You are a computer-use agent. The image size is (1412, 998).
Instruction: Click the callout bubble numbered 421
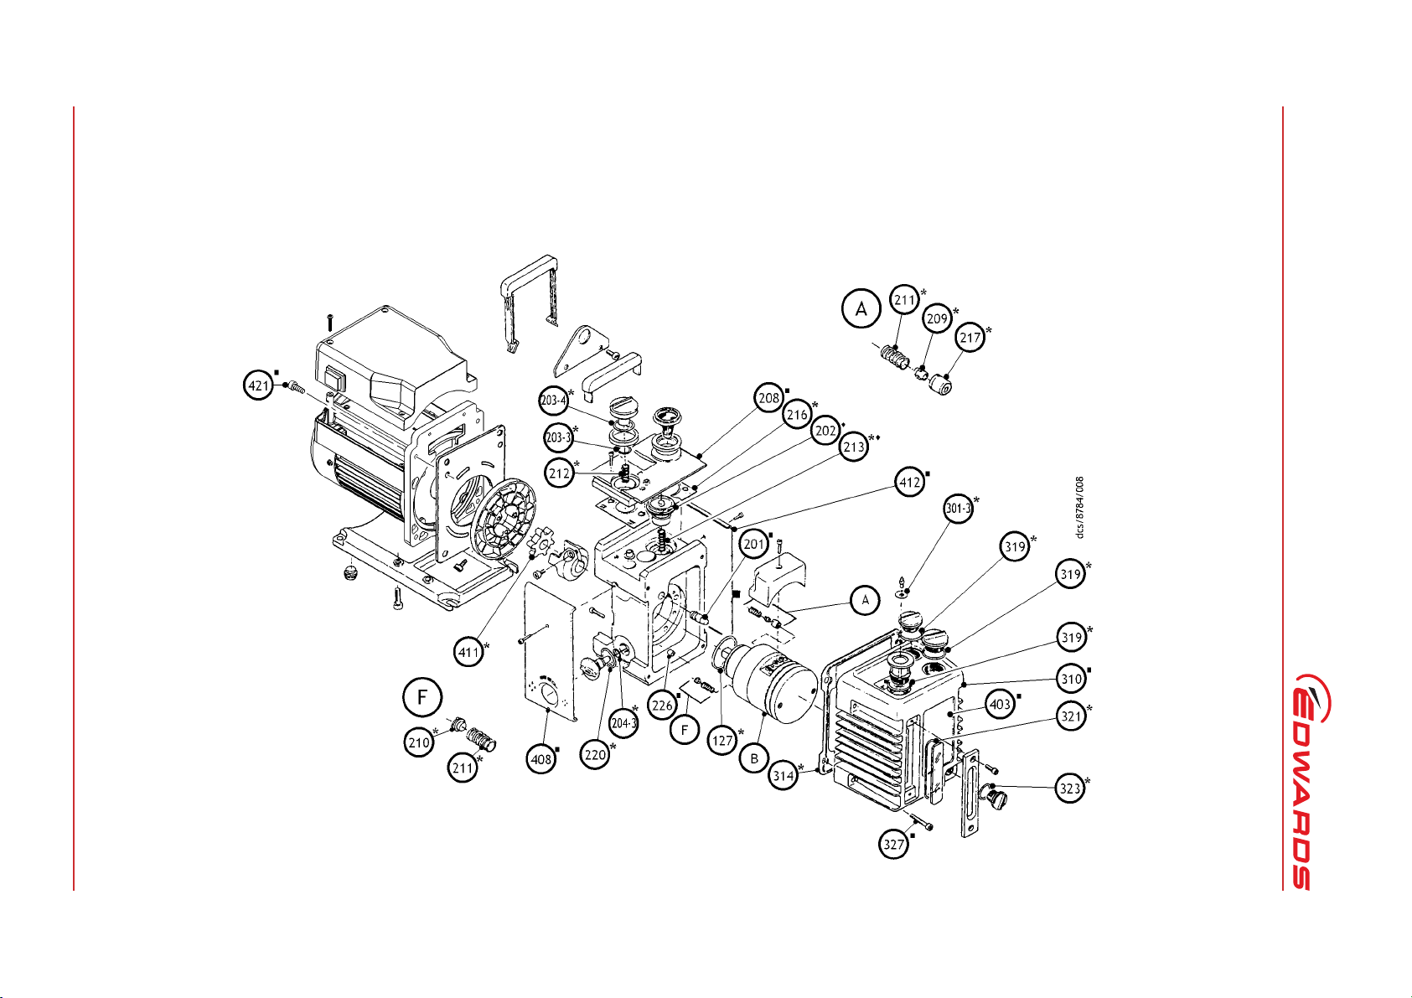[x=258, y=385]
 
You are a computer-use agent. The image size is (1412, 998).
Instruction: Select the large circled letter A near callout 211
[x=861, y=309]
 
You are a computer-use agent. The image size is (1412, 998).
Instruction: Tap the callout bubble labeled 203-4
[x=553, y=400]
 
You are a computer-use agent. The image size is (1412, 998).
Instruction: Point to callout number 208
[x=769, y=398]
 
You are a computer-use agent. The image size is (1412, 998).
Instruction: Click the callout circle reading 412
[x=909, y=483]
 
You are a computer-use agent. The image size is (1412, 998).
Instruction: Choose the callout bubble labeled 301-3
[x=958, y=508]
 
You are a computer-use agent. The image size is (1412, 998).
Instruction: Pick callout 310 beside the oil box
[x=1072, y=679]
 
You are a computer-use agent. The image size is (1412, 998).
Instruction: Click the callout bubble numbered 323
[x=1070, y=788]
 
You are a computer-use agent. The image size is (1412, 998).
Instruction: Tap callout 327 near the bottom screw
[x=894, y=844]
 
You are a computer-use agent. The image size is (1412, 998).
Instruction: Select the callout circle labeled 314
[x=784, y=775]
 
